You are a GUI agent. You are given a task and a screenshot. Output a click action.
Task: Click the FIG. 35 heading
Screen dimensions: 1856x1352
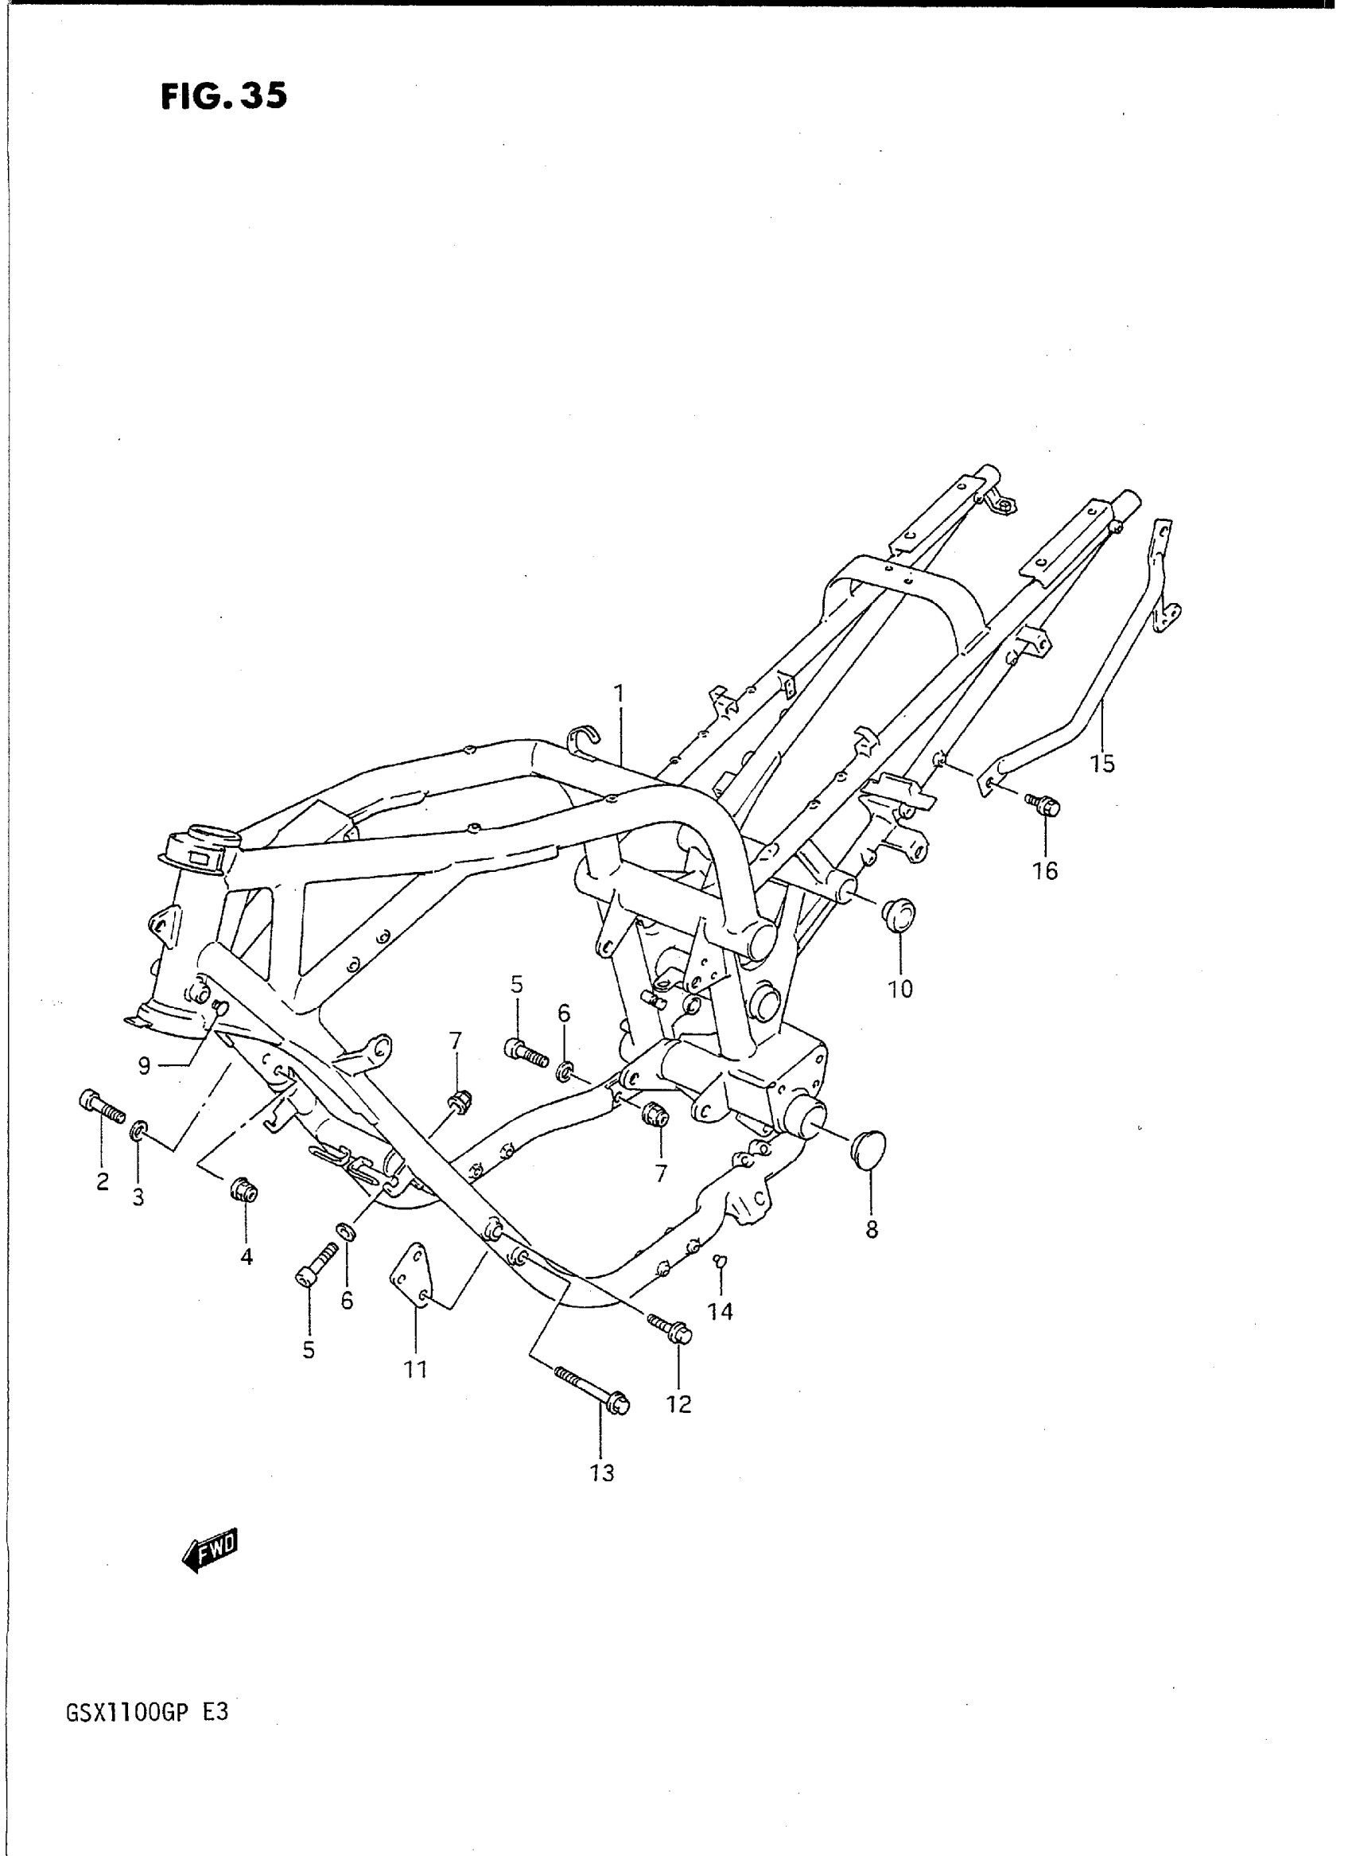tap(223, 96)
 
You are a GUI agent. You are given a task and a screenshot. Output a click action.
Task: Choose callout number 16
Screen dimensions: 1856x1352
tap(1045, 870)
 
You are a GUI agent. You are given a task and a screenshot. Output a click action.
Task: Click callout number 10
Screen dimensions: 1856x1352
tap(900, 988)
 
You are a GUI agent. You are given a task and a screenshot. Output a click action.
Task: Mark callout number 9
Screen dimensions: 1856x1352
tap(144, 1066)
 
